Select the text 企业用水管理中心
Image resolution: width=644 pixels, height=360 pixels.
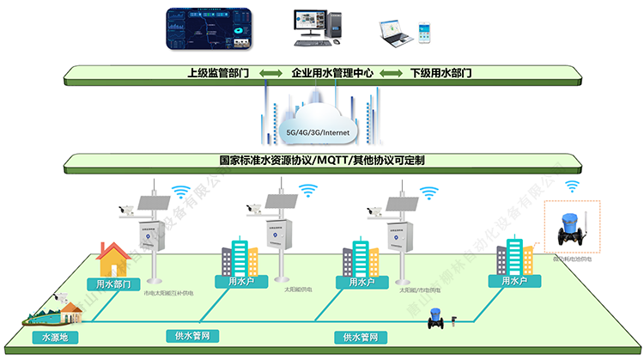[x=332, y=74]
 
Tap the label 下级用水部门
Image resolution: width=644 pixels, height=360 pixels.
[x=440, y=74]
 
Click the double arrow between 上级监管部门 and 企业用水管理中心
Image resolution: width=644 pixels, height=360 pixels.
[x=271, y=74]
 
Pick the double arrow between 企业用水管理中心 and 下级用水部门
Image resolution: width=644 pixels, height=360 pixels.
[x=392, y=74]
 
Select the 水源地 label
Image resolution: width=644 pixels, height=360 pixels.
[x=48, y=338]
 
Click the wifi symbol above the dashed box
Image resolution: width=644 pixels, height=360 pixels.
[x=572, y=186]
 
